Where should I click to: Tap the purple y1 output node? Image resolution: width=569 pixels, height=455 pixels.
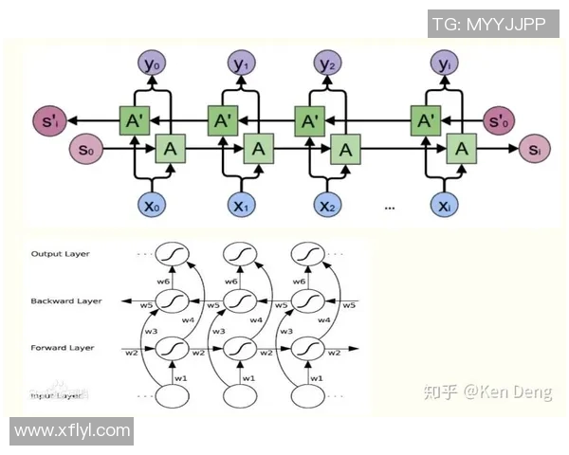(241, 64)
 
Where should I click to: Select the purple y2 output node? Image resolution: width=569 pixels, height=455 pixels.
(328, 64)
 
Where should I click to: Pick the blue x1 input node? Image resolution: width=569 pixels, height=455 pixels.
(241, 206)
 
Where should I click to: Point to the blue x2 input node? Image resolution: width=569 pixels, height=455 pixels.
(328, 206)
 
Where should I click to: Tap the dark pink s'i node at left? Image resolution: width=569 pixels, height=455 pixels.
(47, 119)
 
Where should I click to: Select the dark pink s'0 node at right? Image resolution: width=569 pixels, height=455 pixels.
(498, 121)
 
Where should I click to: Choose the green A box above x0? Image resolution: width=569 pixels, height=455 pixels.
(170, 149)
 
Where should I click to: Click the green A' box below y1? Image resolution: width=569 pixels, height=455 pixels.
(223, 120)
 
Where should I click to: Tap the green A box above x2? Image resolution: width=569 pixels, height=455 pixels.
(346, 149)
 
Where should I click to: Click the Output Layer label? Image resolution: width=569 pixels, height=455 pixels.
(59, 254)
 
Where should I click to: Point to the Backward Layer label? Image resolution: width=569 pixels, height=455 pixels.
(65, 300)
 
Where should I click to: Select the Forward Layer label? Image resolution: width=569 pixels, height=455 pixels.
(63, 348)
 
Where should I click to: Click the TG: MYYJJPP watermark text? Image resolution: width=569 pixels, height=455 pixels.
(488, 24)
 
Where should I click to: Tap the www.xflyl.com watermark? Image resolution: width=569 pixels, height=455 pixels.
(72, 430)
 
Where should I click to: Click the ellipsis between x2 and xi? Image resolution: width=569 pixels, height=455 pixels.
(388, 206)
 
